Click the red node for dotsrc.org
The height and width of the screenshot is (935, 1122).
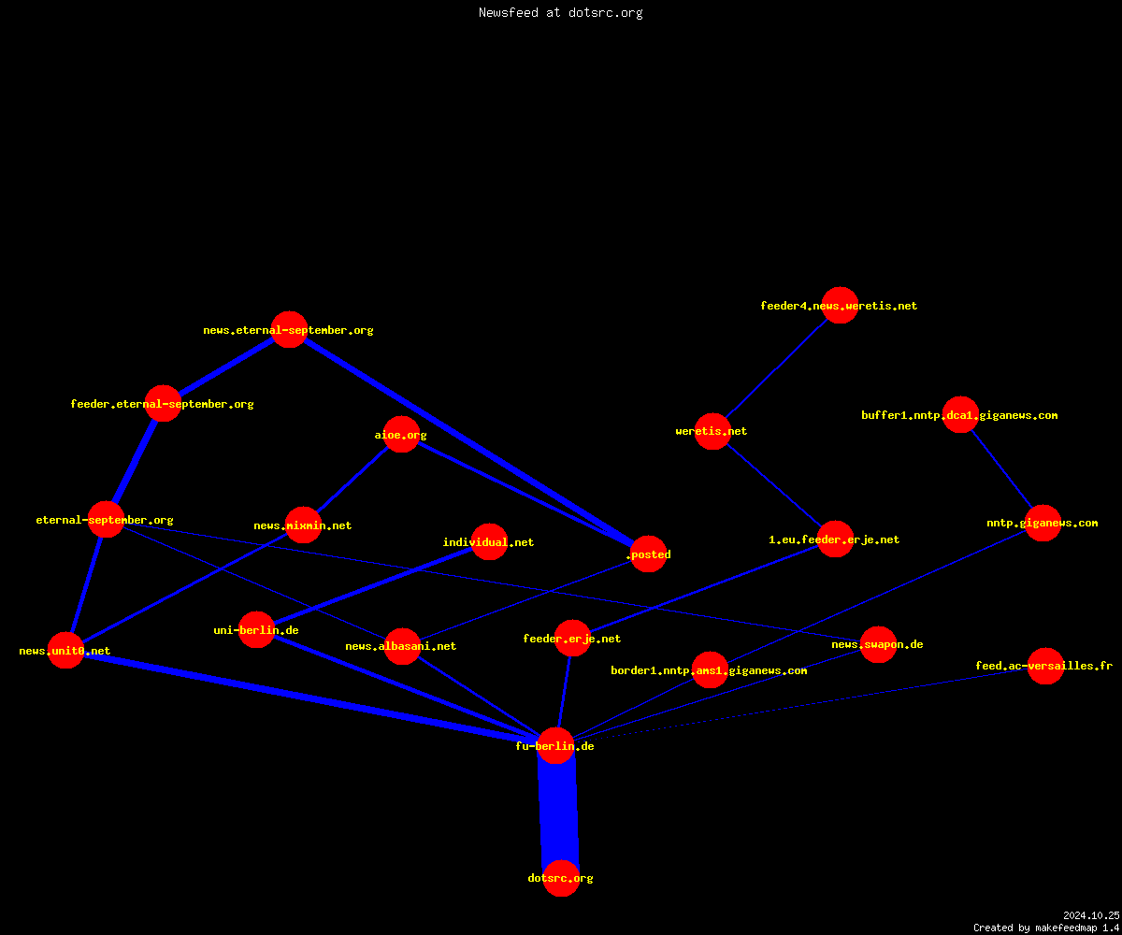click(561, 878)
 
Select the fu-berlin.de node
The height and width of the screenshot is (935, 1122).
click(555, 746)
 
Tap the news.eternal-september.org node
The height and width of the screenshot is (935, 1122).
click(289, 329)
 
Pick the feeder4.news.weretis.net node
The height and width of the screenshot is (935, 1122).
click(840, 305)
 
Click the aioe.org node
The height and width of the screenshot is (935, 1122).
click(401, 434)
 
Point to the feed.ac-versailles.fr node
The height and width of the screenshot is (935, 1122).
click(1045, 666)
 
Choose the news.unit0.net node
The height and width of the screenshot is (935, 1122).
click(65, 650)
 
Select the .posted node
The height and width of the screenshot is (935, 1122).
click(648, 554)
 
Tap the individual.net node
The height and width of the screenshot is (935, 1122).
click(489, 541)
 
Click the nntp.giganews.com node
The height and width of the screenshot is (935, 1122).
click(1043, 523)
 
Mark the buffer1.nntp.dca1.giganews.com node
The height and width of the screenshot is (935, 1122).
click(960, 415)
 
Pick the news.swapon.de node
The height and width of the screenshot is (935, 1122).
click(878, 644)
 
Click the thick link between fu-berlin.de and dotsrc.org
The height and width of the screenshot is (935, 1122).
click(558, 812)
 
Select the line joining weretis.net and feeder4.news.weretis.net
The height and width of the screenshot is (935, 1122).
click(776, 368)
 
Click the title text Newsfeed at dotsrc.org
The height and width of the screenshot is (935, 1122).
click(560, 12)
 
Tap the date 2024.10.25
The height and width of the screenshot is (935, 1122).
click(1091, 915)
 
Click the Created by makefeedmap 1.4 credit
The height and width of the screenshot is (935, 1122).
click(1046, 928)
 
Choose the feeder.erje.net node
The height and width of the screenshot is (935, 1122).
click(572, 638)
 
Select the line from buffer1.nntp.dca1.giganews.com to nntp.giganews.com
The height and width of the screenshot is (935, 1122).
click(1001, 469)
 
